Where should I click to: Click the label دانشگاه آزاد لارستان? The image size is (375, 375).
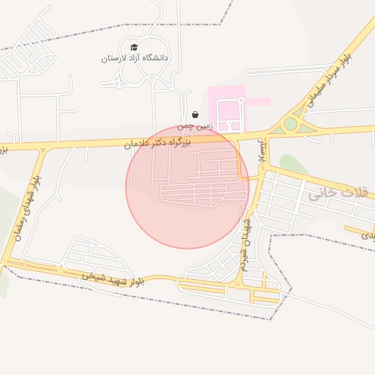pyautogui.click(x=135, y=57)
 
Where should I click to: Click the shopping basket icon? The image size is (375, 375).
pyautogui.click(x=194, y=114)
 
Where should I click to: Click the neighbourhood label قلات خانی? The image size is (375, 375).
pyautogui.click(x=326, y=193)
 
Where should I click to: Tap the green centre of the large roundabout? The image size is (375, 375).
pyautogui.click(x=291, y=124)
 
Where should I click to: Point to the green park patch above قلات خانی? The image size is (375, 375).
pyautogui.click(x=293, y=164)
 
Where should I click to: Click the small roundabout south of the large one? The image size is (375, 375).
pyautogui.click(x=262, y=169)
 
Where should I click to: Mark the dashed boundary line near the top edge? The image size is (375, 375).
pyautogui.click(x=110, y=34)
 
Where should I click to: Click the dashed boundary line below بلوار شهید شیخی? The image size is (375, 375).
pyautogui.click(x=146, y=302)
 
